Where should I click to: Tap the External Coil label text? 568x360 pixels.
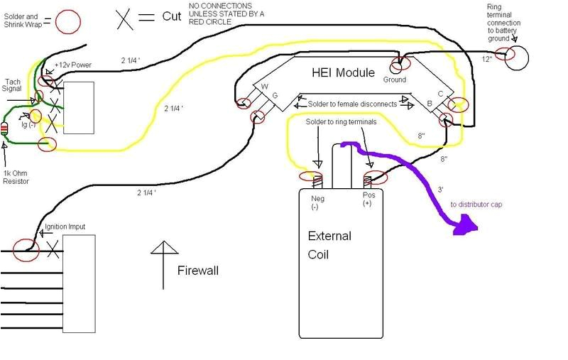click(x=329, y=244)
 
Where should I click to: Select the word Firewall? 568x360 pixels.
click(x=197, y=271)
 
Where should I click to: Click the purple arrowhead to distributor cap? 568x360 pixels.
click(x=461, y=227)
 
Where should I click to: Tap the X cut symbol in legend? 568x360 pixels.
click(x=126, y=17)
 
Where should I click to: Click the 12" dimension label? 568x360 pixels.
click(x=486, y=59)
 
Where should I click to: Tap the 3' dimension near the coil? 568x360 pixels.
click(x=442, y=190)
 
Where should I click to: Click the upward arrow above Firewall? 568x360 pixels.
click(x=164, y=252)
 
